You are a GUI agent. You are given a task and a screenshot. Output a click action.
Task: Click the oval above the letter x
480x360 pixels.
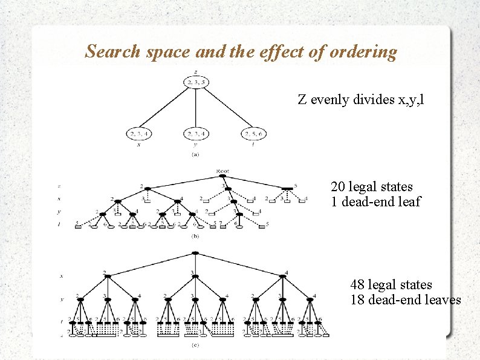138,134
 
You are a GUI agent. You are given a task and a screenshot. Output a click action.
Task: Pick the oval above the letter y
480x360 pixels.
195,134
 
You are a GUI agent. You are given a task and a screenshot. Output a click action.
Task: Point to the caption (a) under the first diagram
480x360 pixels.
195,154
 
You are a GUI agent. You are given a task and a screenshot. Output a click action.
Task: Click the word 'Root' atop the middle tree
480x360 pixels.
222,171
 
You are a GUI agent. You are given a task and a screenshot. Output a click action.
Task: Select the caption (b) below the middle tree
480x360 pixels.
195,236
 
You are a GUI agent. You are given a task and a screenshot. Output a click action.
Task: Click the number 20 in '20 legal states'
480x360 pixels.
338,187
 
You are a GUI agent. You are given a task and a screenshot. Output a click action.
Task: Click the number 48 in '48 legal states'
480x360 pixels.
358,284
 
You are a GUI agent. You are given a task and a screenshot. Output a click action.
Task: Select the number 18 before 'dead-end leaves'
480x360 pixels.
358,299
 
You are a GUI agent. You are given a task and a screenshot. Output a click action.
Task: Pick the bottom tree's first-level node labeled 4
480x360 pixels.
283,277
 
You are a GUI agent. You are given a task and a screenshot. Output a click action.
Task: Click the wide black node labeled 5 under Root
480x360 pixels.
287,189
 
